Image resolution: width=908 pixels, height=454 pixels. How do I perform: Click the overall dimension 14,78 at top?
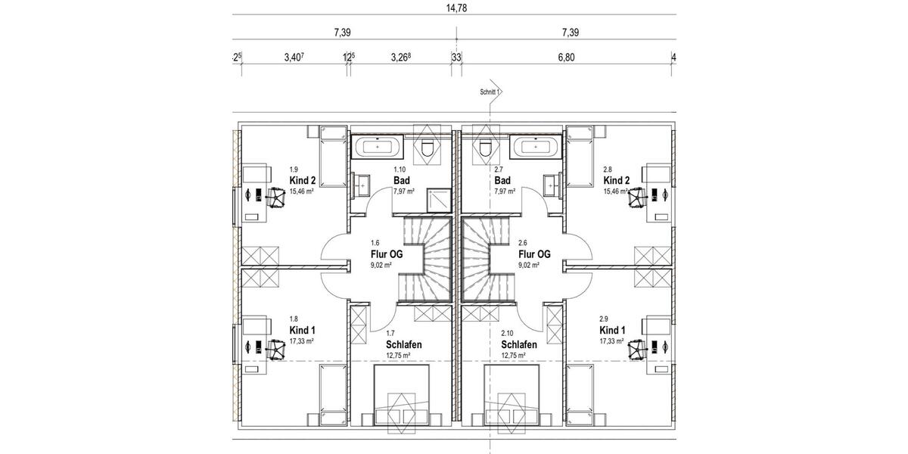(456, 8)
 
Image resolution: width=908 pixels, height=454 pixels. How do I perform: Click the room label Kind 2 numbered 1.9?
(302, 181)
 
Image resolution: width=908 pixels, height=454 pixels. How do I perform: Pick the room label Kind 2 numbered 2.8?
(616, 181)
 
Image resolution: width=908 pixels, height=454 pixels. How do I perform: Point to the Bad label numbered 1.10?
(402, 181)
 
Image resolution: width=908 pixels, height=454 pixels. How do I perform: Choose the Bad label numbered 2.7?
(502, 181)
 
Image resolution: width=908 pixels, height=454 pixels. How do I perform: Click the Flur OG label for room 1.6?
(387, 254)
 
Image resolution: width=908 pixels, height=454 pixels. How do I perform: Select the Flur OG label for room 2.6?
(533, 254)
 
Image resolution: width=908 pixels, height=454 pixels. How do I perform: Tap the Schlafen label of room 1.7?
(403, 344)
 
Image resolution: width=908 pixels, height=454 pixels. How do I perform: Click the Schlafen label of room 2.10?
(519, 344)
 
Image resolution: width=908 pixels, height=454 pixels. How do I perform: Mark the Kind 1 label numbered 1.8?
(302, 331)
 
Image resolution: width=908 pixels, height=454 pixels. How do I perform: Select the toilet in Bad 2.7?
(485, 148)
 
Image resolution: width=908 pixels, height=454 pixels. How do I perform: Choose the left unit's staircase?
(424, 257)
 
